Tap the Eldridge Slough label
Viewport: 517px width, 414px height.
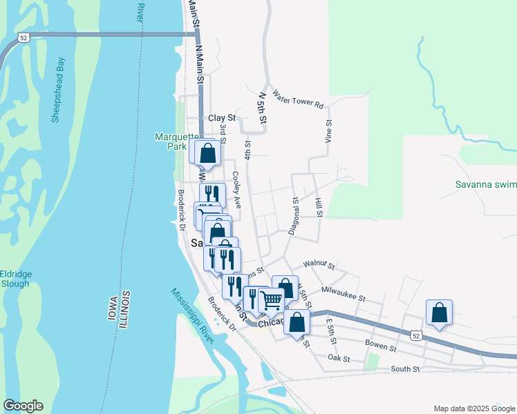[x=15, y=279]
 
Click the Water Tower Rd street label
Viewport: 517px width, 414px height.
[x=298, y=99]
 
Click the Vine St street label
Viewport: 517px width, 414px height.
[x=329, y=130]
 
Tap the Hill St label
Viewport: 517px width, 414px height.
[x=319, y=206]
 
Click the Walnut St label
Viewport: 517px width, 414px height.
[x=319, y=265]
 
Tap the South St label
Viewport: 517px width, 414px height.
[x=405, y=369]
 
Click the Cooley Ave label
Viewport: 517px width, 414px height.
[x=236, y=190]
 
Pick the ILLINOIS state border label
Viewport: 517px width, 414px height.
[x=125, y=310]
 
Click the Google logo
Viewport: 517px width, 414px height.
[x=23, y=406]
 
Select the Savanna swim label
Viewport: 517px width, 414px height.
[x=485, y=184]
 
